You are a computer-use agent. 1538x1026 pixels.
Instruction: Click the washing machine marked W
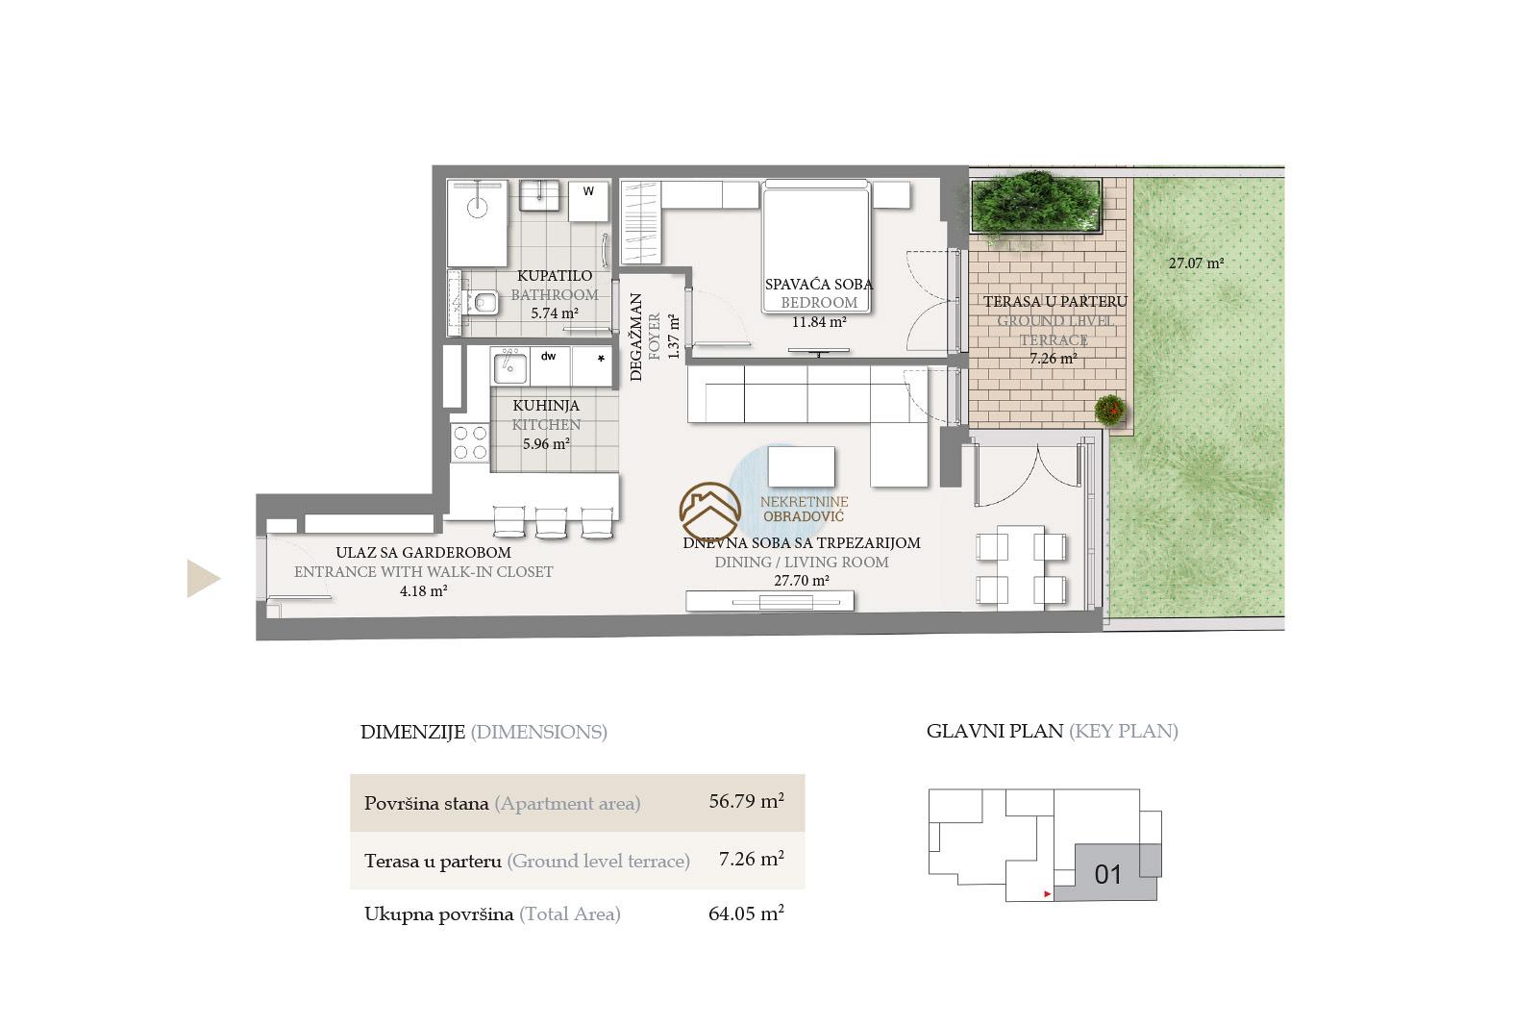coord(588,201)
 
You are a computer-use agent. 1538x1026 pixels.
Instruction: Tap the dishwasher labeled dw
coord(550,366)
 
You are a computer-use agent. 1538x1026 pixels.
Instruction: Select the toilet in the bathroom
coord(482,302)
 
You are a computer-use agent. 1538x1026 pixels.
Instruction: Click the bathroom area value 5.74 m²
coord(554,313)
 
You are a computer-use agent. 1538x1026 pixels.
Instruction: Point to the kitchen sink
coord(510,366)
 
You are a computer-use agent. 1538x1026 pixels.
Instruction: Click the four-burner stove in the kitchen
coord(470,442)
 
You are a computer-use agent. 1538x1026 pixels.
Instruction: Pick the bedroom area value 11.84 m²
coord(819,321)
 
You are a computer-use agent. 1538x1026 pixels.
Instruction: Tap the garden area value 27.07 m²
coord(1196,263)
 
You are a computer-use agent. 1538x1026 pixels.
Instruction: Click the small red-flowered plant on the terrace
coord(1110,410)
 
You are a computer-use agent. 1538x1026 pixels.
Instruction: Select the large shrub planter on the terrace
coord(1035,206)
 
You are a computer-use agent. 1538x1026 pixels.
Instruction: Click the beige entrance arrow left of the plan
coord(203,578)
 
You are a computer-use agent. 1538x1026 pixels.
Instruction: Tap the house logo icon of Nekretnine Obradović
coord(710,512)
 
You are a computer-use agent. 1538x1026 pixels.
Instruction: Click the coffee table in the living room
coord(802,466)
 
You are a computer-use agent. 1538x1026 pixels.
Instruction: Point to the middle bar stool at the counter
coord(551,522)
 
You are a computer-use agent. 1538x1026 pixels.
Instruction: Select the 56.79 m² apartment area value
coord(746,801)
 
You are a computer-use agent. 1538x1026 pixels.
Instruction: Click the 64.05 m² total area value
coord(746,913)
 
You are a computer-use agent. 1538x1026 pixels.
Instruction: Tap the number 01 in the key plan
coord(1107,875)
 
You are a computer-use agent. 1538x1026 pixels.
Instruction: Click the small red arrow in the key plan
coord(1047,894)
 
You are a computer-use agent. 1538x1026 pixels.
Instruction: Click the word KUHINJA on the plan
coord(546,406)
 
